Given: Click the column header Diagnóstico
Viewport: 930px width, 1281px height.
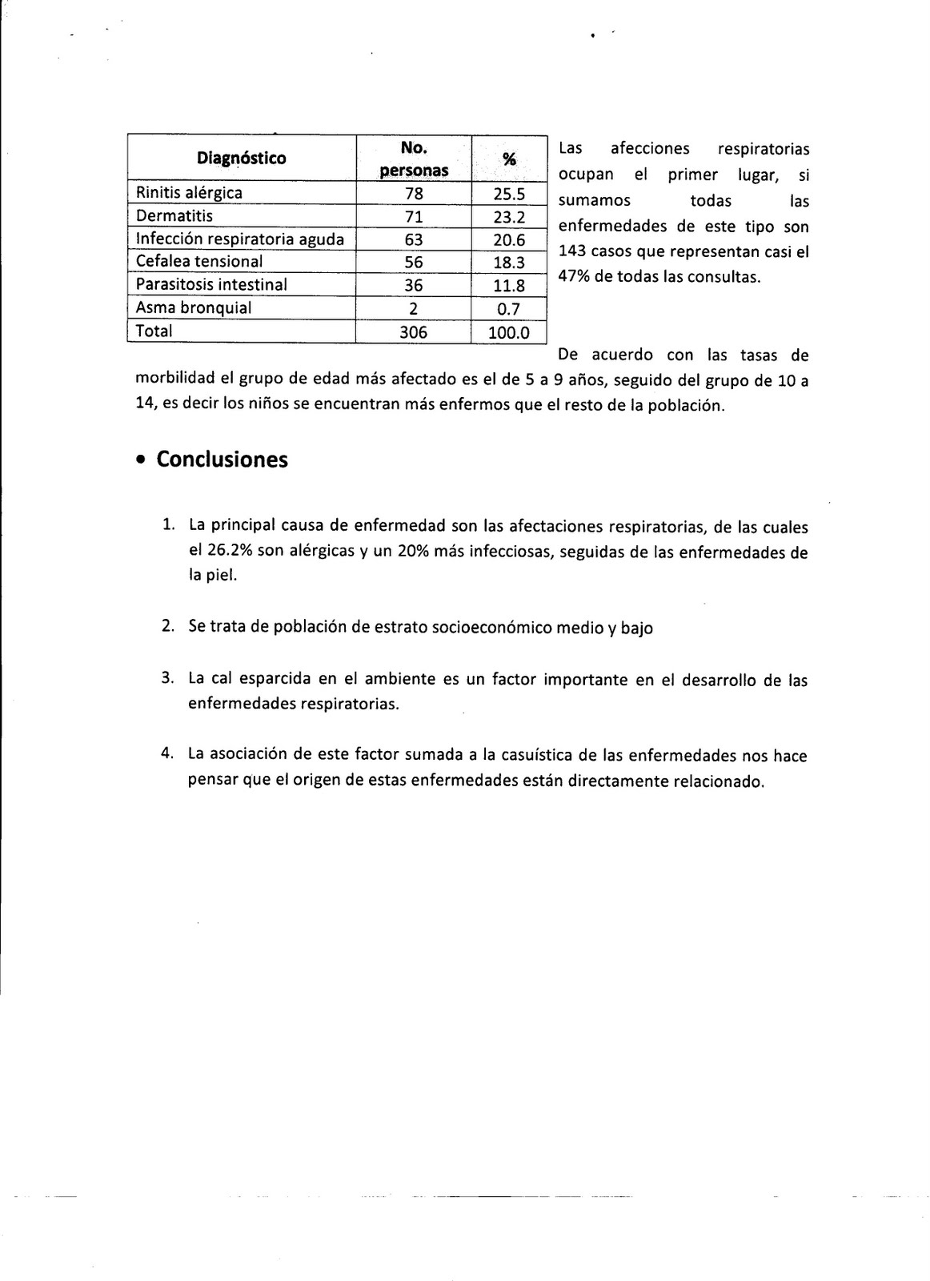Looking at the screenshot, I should point(241,159).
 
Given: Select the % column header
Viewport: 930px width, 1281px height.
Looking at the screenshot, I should point(508,159).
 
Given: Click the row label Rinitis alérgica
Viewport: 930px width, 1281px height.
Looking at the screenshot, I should point(189,193).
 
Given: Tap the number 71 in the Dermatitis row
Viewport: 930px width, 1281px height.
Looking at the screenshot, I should point(414,216).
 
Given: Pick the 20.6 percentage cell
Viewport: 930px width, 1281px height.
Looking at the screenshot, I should point(509,239).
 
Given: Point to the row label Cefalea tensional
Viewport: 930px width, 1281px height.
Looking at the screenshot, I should point(199,262).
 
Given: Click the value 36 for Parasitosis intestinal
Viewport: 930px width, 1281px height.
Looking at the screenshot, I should point(414,285).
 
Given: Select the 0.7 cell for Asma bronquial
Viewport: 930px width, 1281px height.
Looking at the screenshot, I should point(509,308).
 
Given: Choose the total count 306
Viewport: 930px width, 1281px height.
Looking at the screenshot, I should point(414,331).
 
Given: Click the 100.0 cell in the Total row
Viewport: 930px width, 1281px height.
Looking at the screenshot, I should point(509,331).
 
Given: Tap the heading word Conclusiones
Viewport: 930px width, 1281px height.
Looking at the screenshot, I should point(222,460).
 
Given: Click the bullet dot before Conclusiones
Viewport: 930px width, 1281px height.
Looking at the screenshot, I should point(141,461).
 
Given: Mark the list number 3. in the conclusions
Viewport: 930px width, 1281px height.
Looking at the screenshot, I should point(167,678).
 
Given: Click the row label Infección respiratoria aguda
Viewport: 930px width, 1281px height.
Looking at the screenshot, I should point(240,239).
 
